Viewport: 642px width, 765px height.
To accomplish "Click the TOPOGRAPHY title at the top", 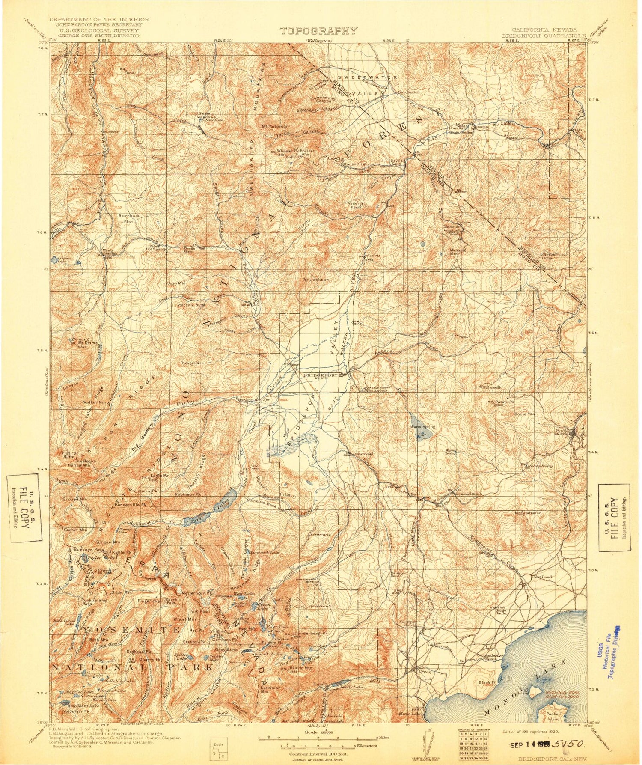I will coord(318,31).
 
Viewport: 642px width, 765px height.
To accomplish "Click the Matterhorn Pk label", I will coord(197,593).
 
